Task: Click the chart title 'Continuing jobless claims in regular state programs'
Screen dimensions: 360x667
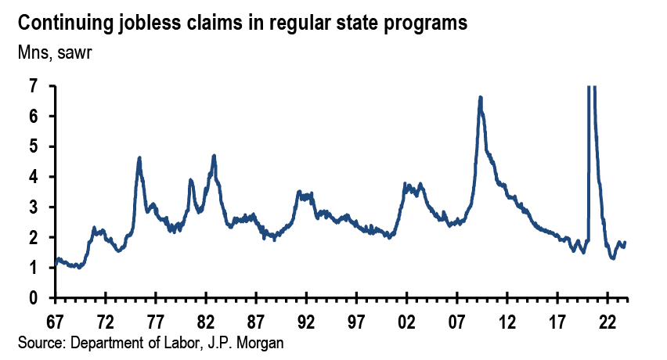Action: click(x=243, y=23)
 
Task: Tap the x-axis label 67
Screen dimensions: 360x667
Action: click(x=56, y=321)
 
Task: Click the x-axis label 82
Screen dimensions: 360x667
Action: click(x=206, y=321)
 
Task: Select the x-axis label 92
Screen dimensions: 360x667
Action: click(x=306, y=321)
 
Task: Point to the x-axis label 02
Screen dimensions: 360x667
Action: click(x=406, y=321)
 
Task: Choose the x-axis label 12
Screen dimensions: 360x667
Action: click(x=507, y=321)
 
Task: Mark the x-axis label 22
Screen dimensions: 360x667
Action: click(x=607, y=321)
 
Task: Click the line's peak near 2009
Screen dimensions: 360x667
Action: click(x=480, y=98)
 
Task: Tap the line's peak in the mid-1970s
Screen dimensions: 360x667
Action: click(x=139, y=158)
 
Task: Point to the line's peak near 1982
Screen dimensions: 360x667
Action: click(x=214, y=156)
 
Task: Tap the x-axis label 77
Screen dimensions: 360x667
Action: click(x=156, y=321)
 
